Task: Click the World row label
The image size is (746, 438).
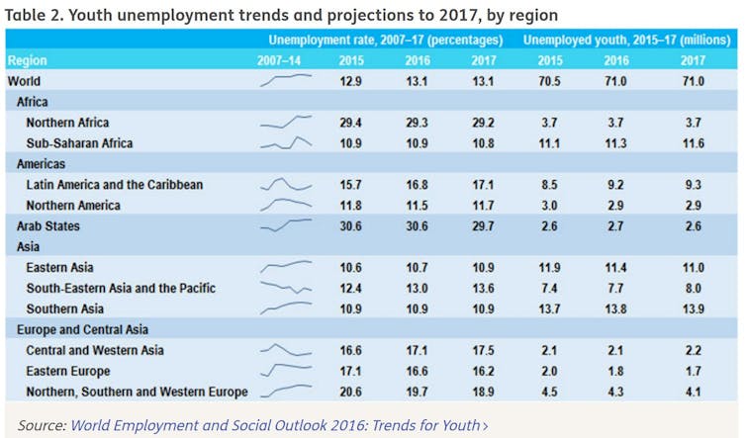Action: pos(25,81)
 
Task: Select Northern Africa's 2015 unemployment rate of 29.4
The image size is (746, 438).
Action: pos(350,123)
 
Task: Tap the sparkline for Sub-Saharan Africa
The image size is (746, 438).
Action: pos(285,143)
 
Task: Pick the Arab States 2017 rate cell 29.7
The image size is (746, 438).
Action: pos(484,226)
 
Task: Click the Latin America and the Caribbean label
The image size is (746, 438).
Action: pos(115,185)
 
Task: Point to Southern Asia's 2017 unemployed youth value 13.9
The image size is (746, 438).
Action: pos(694,309)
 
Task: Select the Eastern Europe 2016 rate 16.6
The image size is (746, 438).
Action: pos(416,372)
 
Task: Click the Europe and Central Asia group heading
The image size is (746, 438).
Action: pos(82,329)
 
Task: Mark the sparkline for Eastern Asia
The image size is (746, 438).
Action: pos(285,267)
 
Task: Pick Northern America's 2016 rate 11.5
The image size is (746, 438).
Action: pos(416,206)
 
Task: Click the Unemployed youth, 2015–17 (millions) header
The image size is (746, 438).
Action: pos(626,41)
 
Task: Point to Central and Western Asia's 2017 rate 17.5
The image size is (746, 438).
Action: pos(484,351)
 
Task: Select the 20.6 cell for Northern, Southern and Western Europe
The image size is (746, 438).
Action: pos(350,393)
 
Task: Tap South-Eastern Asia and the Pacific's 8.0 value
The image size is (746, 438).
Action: pos(694,289)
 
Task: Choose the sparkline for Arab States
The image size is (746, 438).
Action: pos(285,225)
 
